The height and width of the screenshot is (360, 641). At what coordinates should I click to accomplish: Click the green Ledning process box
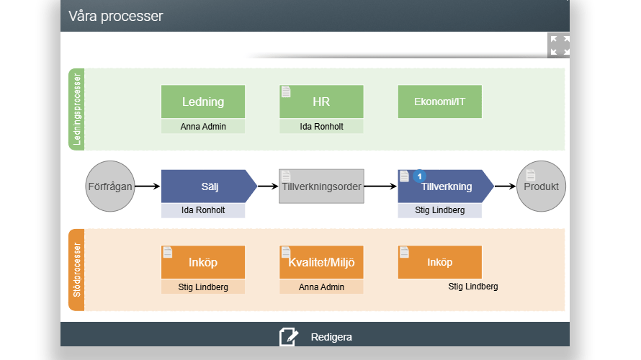point(203,102)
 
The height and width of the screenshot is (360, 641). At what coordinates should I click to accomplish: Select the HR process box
point(321,102)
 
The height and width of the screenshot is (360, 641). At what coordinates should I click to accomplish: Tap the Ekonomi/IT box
point(440,102)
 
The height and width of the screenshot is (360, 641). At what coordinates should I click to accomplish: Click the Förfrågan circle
point(110,186)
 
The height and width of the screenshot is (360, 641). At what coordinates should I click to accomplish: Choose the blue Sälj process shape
point(209,186)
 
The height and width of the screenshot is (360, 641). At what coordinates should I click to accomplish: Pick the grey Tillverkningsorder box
point(321,186)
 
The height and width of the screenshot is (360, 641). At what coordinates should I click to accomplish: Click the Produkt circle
point(542,186)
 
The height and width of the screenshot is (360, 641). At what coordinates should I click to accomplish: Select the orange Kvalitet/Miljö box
point(321,262)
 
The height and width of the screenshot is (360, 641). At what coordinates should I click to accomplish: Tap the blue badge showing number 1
point(419,176)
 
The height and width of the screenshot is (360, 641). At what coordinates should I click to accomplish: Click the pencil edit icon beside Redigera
point(289,337)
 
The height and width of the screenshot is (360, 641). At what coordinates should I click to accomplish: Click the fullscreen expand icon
point(558,45)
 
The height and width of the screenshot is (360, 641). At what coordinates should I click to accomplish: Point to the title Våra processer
point(116,16)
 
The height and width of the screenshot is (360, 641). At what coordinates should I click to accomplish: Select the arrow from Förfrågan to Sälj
point(147,186)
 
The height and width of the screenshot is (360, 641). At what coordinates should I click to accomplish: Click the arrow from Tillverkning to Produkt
point(506,186)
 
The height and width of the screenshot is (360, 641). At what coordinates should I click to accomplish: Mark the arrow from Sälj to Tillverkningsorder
point(268,186)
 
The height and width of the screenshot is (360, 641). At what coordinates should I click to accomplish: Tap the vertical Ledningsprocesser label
point(76,109)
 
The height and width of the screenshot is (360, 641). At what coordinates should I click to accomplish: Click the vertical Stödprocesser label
point(76,270)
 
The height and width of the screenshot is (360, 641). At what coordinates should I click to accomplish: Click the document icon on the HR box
point(286,92)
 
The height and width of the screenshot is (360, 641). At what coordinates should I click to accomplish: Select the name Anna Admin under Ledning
point(203,127)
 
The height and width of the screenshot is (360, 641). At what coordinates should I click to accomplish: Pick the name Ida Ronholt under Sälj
point(203,210)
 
